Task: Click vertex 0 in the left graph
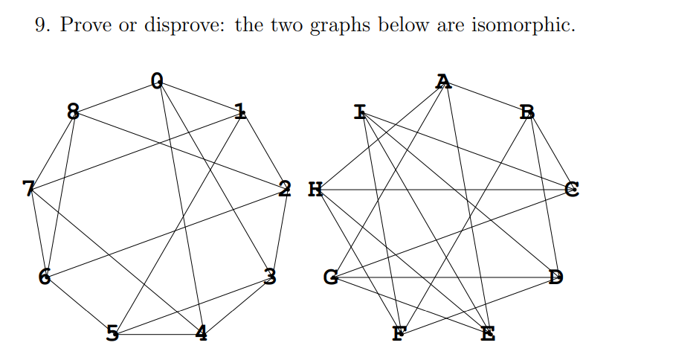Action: point(155,80)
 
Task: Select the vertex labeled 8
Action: point(73,112)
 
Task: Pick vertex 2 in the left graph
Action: point(285,188)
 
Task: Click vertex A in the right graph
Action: point(444,80)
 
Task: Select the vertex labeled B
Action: point(527,113)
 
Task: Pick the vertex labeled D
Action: point(555,277)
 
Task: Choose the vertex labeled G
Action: point(331,278)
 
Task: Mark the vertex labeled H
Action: point(315,189)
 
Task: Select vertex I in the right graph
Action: point(361,113)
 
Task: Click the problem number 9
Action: point(42,25)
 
